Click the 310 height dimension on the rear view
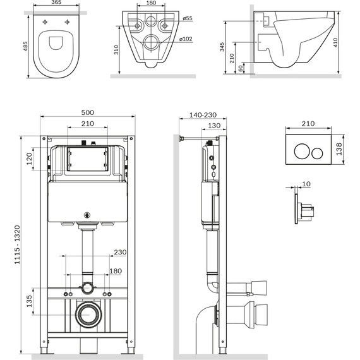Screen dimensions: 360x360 click(116, 49)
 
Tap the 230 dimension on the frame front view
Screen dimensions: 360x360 click(121, 252)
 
